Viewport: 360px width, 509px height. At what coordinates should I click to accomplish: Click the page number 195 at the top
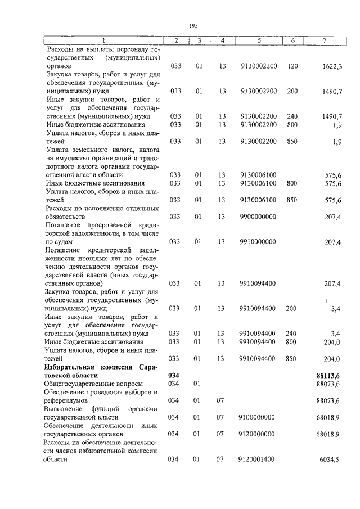[193, 25]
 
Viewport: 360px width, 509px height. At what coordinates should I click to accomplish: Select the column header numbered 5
[259, 40]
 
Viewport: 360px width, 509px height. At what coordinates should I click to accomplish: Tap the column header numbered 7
[324, 40]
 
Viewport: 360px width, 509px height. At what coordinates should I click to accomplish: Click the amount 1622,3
[332, 66]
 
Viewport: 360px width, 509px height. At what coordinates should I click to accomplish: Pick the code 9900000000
[258, 216]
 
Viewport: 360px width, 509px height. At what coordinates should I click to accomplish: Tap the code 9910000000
[258, 242]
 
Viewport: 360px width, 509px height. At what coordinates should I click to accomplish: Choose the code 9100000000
[258, 417]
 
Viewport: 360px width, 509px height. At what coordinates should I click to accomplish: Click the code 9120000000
[258, 435]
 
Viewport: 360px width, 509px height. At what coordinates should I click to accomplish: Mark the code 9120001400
[258, 460]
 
